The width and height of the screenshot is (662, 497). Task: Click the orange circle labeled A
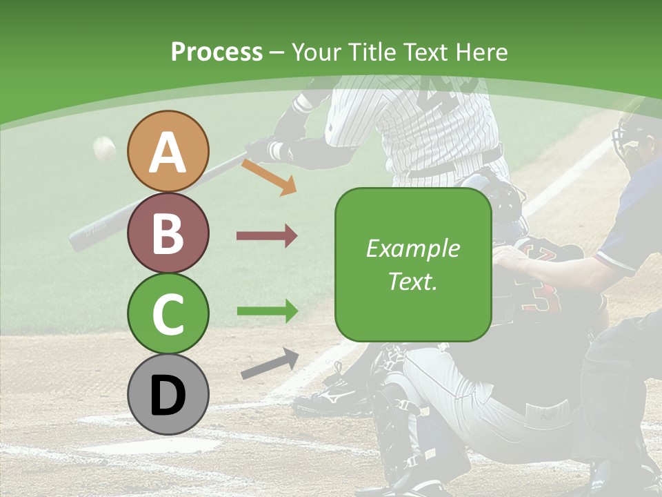point(168,151)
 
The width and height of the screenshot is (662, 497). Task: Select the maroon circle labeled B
point(168,233)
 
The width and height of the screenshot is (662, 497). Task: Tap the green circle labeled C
point(168,314)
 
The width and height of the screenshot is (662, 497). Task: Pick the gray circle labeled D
point(168,395)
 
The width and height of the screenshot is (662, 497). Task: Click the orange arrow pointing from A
point(269,177)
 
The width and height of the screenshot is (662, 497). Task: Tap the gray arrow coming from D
point(270,364)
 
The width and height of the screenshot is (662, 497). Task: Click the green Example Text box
point(413,264)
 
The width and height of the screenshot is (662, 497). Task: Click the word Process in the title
point(217,52)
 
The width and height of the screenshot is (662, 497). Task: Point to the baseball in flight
point(105,148)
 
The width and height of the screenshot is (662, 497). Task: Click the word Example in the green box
point(413,248)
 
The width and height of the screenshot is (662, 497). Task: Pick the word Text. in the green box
point(413,281)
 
